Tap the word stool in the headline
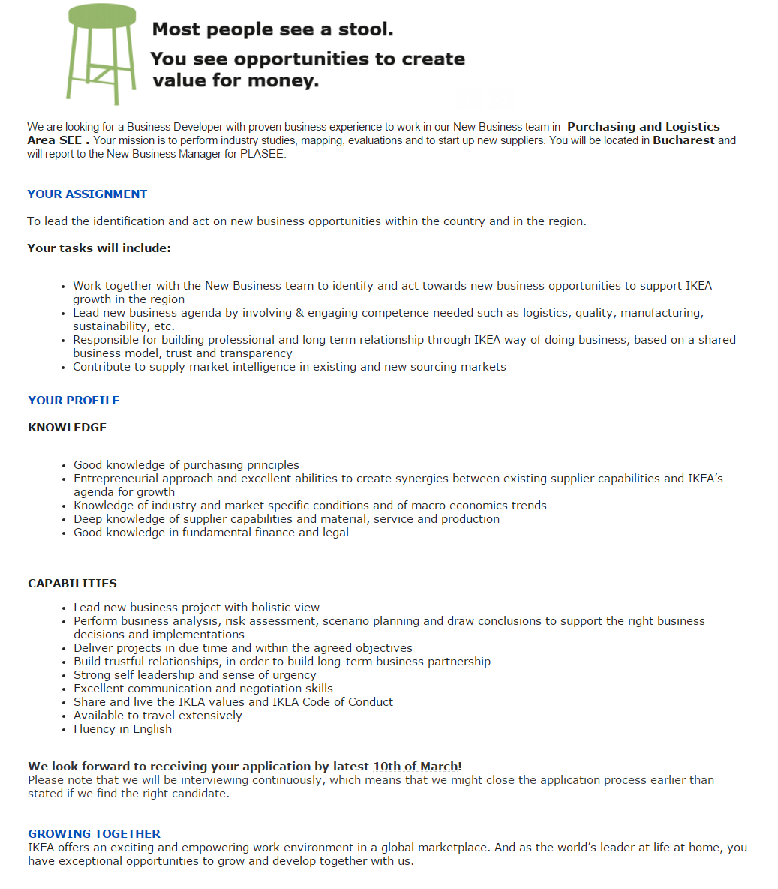pos(365,29)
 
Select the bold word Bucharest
pos(683,140)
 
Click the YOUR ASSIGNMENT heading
pos(87,194)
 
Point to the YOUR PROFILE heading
pos(74,401)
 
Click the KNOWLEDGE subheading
pos(67,428)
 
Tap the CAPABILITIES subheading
pos(72,584)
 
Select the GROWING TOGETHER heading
pos(94,834)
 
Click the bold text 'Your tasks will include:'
pos(99,248)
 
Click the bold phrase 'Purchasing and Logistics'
pos(643,127)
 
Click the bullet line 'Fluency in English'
pos(122,729)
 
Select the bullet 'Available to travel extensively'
pos(158,716)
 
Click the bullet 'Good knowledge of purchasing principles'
pos(186,465)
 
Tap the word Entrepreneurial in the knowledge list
pos(117,479)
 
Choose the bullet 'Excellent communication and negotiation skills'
pos(203,689)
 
